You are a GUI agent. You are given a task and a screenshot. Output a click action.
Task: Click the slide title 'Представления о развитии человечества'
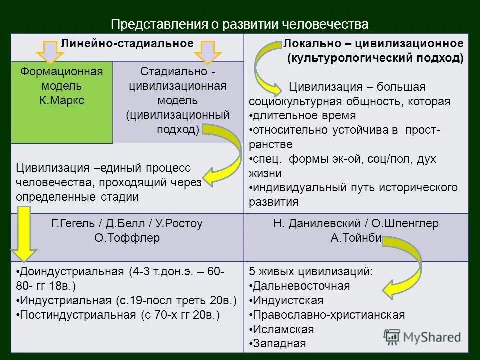[x=239, y=24]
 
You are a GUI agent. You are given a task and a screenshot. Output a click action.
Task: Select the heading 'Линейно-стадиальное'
[x=127, y=43]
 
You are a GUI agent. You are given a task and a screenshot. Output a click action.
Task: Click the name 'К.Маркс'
[x=62, y=100]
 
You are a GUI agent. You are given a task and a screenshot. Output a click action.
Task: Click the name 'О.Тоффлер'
[x=127, y=238]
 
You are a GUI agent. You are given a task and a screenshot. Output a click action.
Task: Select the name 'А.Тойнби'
[x=356, y=238]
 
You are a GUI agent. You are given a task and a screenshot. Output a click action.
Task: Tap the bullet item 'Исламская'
[x=283, y=329]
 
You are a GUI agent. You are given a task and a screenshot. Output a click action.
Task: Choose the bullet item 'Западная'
[x=279, y=344]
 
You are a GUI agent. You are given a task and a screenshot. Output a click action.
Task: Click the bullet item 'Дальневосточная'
[x=301, y=286]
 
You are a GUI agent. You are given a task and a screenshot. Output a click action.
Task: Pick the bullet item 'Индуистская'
[x=288, y=300]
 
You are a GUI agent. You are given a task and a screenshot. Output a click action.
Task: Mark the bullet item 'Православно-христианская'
[x=329, y=315]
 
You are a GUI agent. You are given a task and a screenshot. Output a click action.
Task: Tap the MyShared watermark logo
[x=422, y=336]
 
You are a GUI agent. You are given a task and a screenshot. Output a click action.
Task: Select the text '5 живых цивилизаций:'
[x=310, y=272]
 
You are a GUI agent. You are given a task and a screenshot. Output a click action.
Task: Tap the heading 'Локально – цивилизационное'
[x=374, y=44]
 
